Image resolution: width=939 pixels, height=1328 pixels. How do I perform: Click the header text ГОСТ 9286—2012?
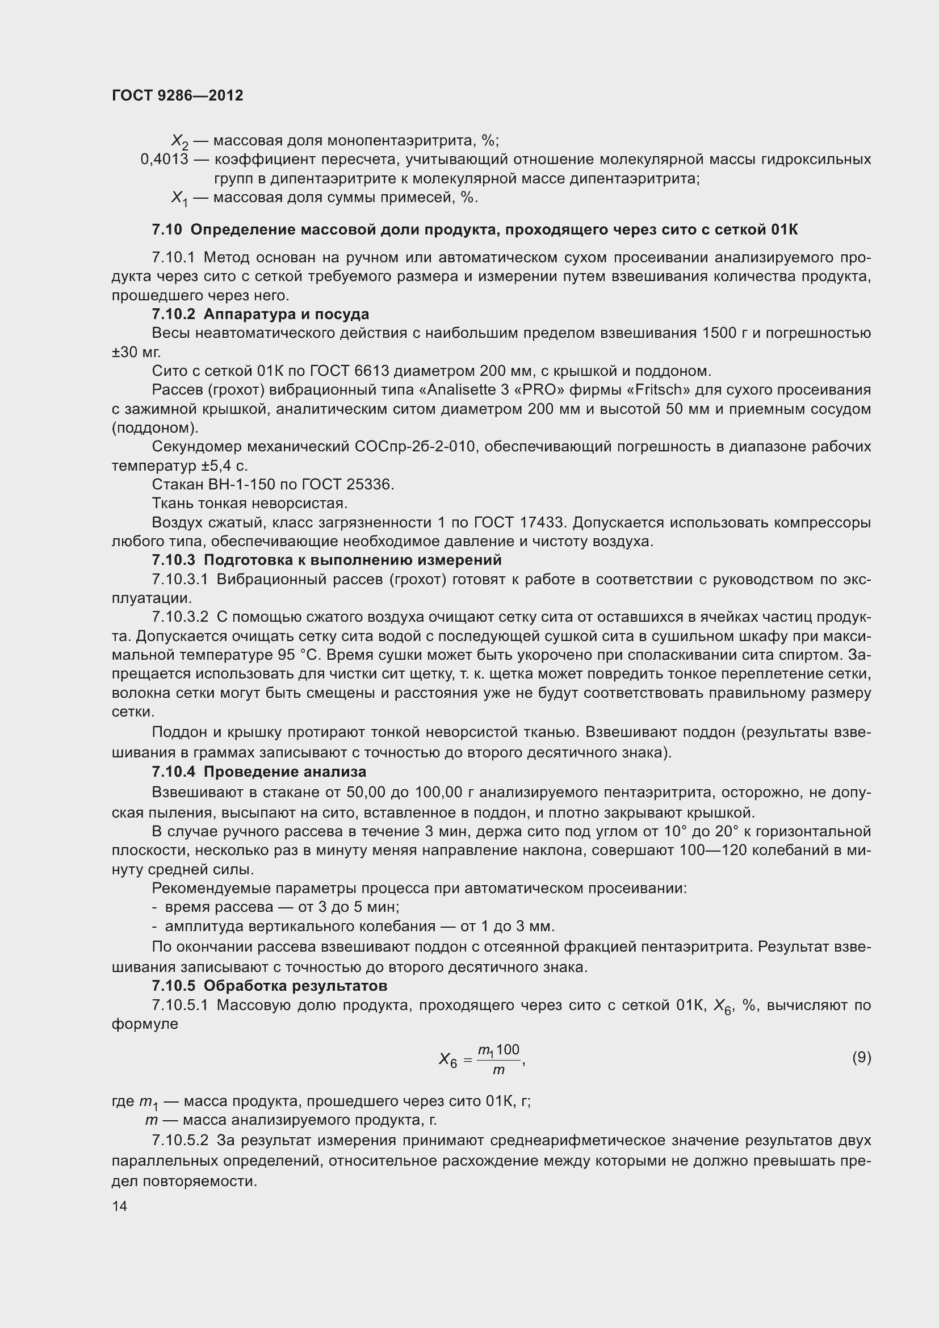click(178, 95)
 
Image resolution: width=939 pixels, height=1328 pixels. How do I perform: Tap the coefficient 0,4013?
click(164, 159)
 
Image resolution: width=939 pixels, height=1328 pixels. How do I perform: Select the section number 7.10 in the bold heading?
click(166, 229)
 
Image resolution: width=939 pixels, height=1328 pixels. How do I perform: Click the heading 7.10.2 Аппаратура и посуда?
click(260, 314)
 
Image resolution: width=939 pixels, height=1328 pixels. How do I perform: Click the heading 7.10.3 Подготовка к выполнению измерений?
click(326, 560)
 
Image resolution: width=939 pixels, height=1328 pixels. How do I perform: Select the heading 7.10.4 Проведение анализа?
click(259, 772)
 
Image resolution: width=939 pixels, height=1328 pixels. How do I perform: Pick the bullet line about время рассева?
click(276, 907)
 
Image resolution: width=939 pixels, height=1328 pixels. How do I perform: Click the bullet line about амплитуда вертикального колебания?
click(353, 926)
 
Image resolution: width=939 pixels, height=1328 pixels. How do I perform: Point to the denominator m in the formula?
click(498, 1071)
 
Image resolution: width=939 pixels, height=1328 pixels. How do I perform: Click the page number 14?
click(120, 1206)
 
